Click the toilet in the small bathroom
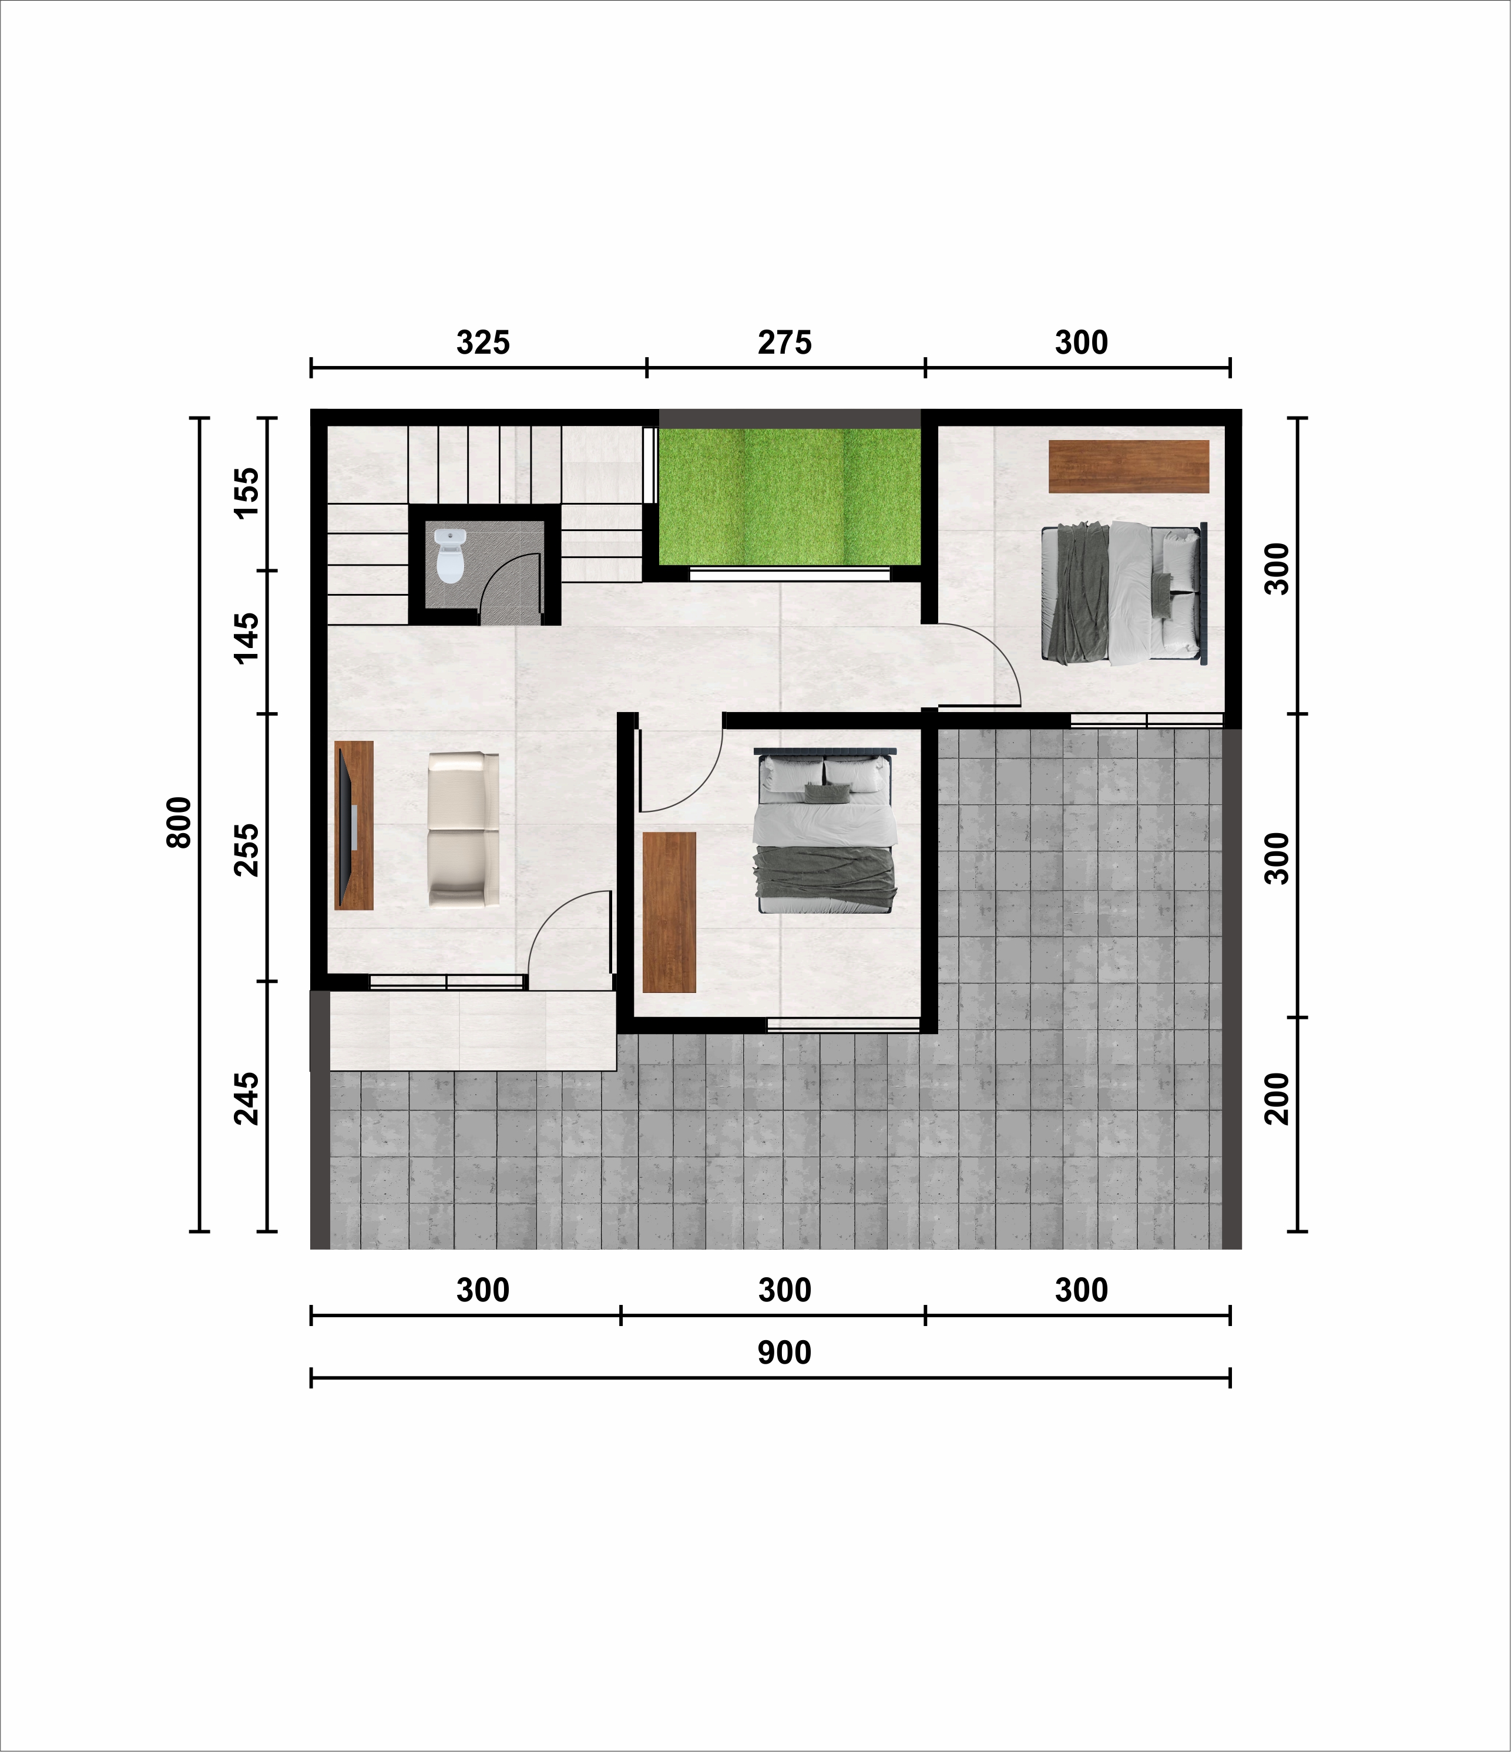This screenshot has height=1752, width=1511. click(x=450, y=556)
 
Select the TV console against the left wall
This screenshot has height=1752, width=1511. click(x=354, y=825)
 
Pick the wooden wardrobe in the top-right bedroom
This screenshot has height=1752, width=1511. click(x=1128, y=466)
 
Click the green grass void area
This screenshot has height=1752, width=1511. click(x=789, y=496)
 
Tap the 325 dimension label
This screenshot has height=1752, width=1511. click(x=483, y=343)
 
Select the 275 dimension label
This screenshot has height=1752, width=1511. click(x=785, y=343)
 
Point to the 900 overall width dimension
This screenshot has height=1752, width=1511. click(x=785, y=1353)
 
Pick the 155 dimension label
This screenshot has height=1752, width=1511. click(x=246, y=493)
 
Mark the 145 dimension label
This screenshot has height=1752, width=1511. click(x=246, y=639)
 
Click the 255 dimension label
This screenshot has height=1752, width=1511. click(x=246, y=850)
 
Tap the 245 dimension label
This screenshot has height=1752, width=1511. click(x=246, y=1099)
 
